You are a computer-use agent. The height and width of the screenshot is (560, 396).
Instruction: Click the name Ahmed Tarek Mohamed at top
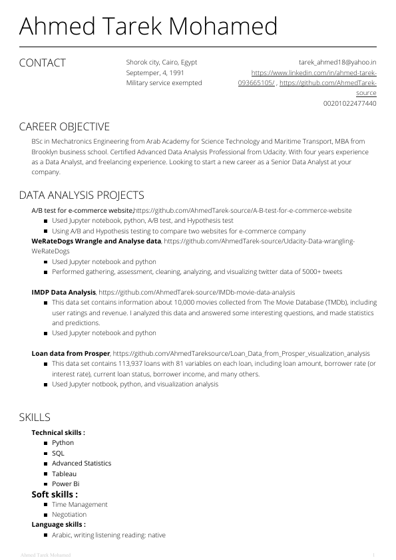click(x=148, y=27)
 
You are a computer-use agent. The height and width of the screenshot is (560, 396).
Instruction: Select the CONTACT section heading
click(x=43, y=63)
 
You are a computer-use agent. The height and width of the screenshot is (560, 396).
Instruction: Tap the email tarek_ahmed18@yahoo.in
click(x=337, y=62)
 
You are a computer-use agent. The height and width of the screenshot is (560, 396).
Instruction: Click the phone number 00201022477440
click(x=349, y=104)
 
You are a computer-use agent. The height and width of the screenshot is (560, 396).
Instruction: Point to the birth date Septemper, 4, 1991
click(x=155, y=72)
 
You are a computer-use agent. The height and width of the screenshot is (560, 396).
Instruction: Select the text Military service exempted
click(x=164, y=83)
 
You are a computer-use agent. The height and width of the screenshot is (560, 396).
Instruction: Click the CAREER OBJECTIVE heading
click(x=64, y=127)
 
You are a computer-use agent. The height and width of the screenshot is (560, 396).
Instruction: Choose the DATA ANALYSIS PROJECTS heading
click(x=81, y=196)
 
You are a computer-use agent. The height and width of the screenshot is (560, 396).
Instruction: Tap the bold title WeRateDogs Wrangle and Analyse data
click(x=97, y=241)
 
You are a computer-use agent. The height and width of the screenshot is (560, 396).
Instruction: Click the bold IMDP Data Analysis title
click(x=64, y=292)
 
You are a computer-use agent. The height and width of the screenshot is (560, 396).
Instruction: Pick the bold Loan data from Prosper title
click(x=71, y=353)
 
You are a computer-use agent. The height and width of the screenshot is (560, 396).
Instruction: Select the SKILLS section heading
click(x=35, y=418)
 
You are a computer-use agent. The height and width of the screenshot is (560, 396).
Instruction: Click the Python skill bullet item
click(x=63, y=443)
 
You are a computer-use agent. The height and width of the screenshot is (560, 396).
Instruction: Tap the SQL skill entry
click(x=58, y=453)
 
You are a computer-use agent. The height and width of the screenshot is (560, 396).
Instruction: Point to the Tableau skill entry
click(x=64, y=474)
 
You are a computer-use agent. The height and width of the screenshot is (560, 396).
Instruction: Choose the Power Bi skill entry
click(x=65, y=484)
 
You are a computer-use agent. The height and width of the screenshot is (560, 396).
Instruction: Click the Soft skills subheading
click(x=55, y=494)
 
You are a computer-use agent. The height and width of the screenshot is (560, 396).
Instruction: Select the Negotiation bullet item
click(x=69, y=515)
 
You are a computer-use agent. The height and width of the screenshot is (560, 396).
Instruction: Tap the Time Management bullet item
click(x=79, y=504)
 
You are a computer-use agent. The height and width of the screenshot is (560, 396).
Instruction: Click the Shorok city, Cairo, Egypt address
click(x=162, y=62)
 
